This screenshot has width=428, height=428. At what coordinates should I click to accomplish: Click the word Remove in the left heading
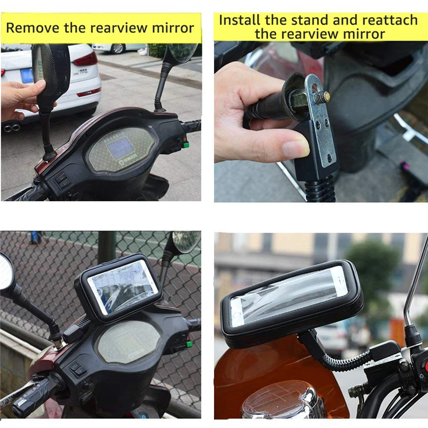click(33, 27)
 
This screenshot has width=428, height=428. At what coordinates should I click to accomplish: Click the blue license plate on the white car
click(27, 75)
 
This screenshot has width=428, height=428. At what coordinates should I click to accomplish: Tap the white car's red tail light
click(86, 59)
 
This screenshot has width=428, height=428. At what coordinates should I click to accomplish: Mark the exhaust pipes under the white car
click(11, 127)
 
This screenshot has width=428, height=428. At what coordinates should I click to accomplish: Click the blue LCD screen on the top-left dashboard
click(120, 148)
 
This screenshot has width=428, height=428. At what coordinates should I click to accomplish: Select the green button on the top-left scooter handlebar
click(186, 144)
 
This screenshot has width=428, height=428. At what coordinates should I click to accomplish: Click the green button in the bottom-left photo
click(189, 343)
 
